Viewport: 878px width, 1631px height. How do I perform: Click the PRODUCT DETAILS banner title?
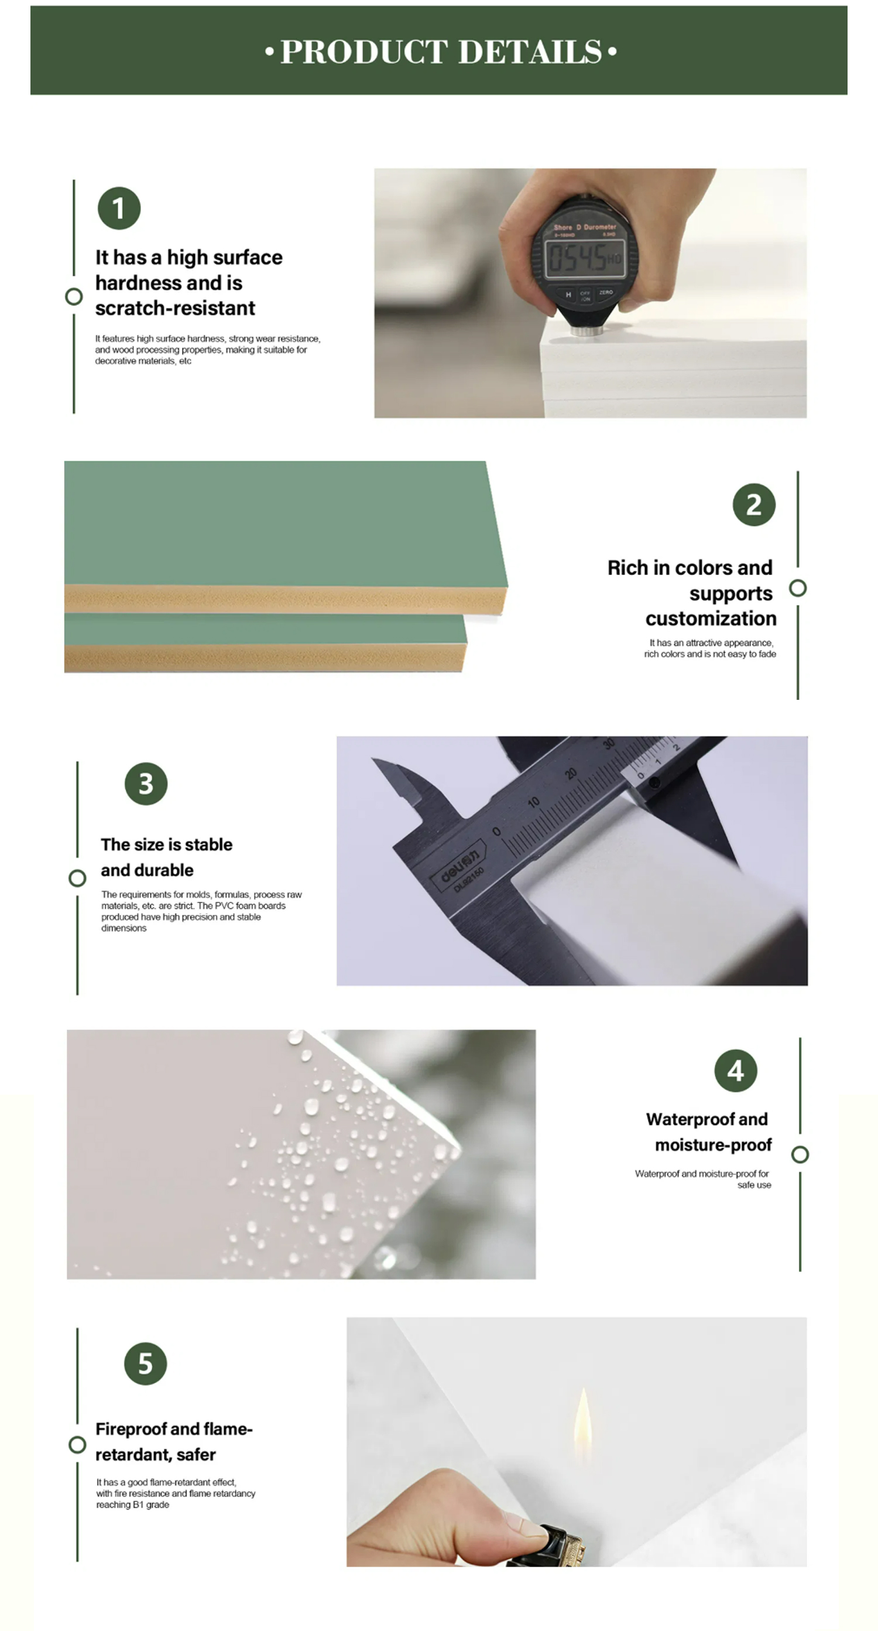[441, 52]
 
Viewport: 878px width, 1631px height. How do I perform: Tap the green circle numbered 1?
[119, 208]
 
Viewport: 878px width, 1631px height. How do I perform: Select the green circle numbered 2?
[754, 505]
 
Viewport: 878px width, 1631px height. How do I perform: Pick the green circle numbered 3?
[146, 784]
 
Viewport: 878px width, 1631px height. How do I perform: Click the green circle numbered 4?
[736, 1071]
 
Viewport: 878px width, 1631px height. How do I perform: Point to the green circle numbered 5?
[146, 1364]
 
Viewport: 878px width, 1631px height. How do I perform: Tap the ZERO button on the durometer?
[606, 292]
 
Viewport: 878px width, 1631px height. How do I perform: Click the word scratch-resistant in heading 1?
[176, 309]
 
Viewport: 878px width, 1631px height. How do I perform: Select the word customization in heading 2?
[711, 618]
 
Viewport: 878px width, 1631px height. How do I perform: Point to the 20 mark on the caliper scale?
[571, 774]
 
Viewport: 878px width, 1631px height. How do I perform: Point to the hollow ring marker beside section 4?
[800, 1155]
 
